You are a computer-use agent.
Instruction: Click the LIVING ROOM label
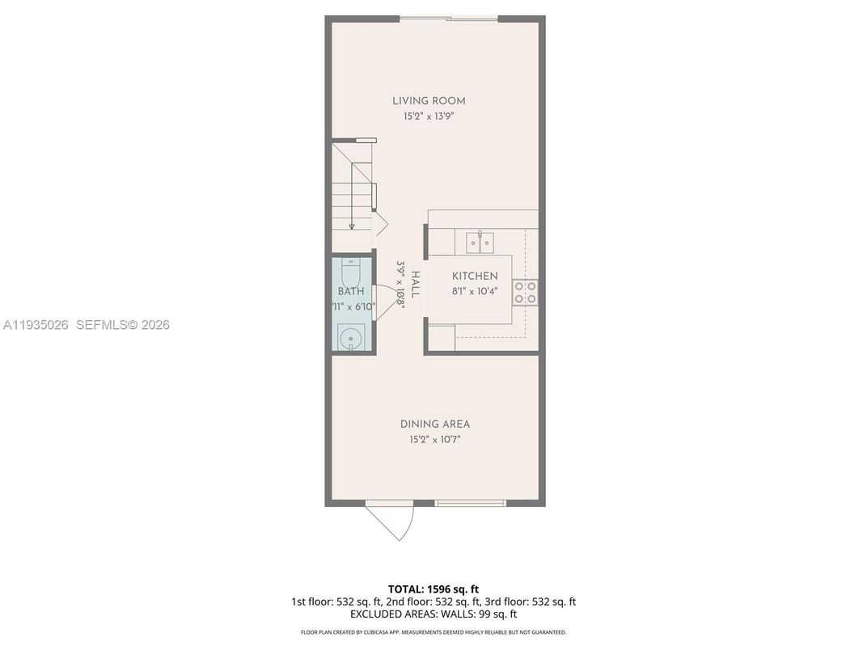(x=429, y=101)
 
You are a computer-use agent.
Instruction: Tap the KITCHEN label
(x=475, y=276)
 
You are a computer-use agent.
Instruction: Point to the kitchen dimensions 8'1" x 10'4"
(x=475, y=291)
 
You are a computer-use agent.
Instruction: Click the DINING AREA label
(x=434, y=424)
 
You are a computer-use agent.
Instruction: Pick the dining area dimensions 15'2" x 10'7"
(x=434, y=440)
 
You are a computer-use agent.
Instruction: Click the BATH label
(x=351, y=291)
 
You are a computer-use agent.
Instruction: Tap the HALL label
(x=415, y=285)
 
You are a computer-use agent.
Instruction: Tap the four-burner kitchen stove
(x=525, y=293)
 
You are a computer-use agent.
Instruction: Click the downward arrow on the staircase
(x=352, y=225)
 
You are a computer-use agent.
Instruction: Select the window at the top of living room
(x=450, y=18)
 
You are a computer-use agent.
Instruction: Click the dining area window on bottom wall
(x=470, y=503)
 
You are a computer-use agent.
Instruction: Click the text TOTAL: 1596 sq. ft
(x=433, y=589)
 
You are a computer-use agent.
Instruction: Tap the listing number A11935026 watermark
(x=36, y=325)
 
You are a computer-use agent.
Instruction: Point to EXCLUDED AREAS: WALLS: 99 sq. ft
(x=433, y=614)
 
